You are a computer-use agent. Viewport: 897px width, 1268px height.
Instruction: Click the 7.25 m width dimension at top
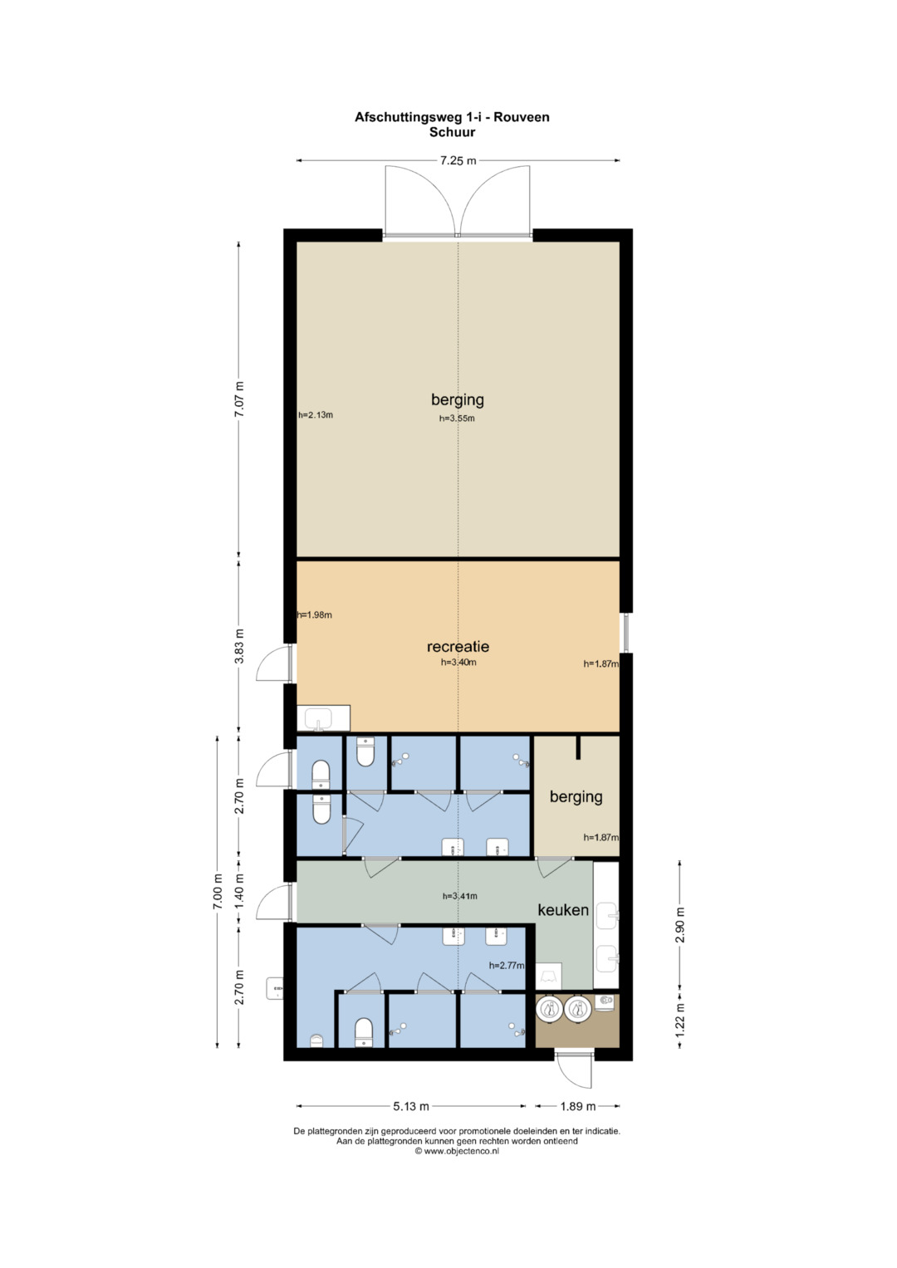(x=458, y=161)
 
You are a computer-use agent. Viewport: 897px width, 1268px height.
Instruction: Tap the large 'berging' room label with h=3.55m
(x=458, y=399)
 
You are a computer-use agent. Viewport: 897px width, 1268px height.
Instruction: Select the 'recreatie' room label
(x=458, y=646)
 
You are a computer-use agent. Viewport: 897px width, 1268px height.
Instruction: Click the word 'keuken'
(x=563, y=910)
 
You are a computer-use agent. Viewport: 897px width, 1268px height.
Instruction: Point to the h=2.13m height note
(x=316, y=415)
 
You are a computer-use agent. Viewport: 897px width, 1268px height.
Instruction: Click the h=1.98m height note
(x=314, y=614)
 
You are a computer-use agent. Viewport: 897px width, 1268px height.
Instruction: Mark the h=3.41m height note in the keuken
(x=460, y=896)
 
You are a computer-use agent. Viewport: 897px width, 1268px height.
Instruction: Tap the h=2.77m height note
(x=507, y=966)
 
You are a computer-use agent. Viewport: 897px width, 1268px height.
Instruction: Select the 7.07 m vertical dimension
(x=239, y=399)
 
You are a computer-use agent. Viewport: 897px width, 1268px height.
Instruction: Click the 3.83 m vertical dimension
(x=239, y=646)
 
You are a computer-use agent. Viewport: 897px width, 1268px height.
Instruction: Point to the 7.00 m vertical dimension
(x=218, y=892)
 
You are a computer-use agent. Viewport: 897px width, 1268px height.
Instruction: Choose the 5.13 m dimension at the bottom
(x=411, y=1106)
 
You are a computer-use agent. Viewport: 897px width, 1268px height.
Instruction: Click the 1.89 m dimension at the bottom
(x=577, y=1106)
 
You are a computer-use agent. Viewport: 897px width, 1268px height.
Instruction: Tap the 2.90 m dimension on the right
(x=680, y=925)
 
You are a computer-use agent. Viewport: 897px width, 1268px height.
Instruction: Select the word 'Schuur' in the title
(x=452, y=133)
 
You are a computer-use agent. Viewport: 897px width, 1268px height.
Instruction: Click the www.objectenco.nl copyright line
(x=457, y=1150)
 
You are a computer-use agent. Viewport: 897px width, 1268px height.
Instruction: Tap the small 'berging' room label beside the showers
(x=576, y=797)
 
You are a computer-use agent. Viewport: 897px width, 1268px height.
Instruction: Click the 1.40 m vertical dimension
(x=239, y=891)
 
